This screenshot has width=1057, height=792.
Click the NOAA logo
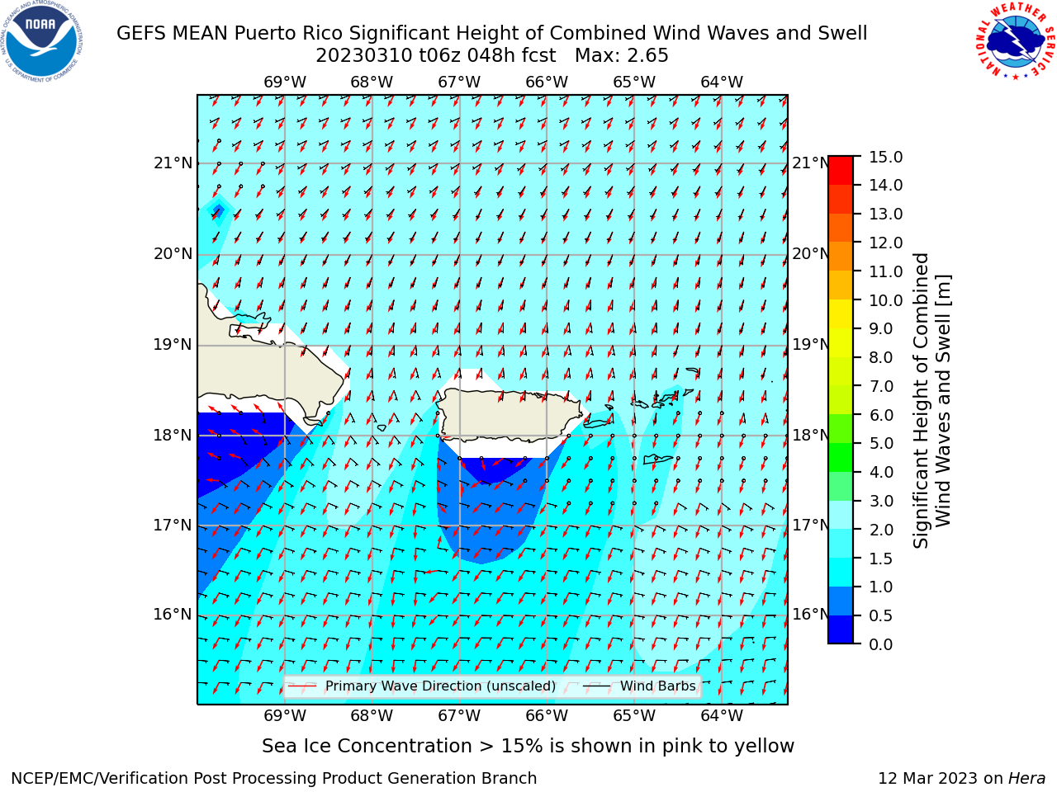(42, 42)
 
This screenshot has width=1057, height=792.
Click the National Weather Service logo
(1015, 40)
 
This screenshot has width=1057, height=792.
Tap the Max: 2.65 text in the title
(621, 55)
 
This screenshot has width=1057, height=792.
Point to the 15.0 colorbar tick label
(885, 157)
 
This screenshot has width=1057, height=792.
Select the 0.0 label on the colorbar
(881, 644)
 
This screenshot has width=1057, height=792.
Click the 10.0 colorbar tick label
(885, 300)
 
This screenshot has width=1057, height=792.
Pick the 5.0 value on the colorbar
(881, 443)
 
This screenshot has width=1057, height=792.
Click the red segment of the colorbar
(841, 171)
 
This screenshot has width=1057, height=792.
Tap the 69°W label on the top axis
(285, 82)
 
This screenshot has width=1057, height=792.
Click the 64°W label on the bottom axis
(722, 716)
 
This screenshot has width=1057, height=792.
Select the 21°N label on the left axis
(173, 163)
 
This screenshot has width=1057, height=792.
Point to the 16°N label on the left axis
(173, 615)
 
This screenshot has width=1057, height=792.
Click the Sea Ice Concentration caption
(528, 746)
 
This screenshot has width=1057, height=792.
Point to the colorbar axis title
(931, 401)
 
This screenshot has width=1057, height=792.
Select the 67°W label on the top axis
(459, 82)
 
